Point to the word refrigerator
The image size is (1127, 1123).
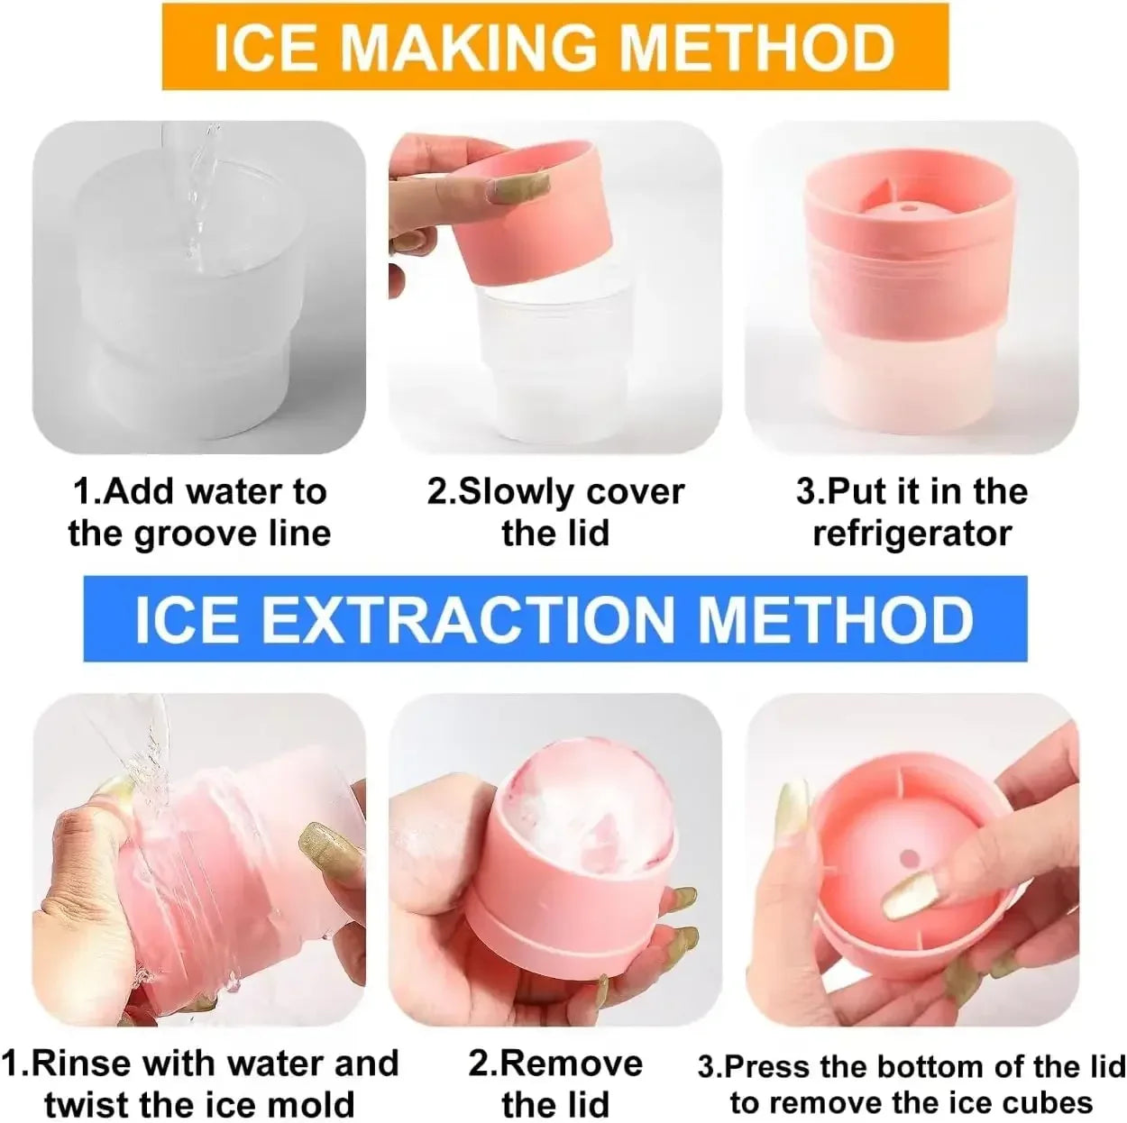[912, 533]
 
